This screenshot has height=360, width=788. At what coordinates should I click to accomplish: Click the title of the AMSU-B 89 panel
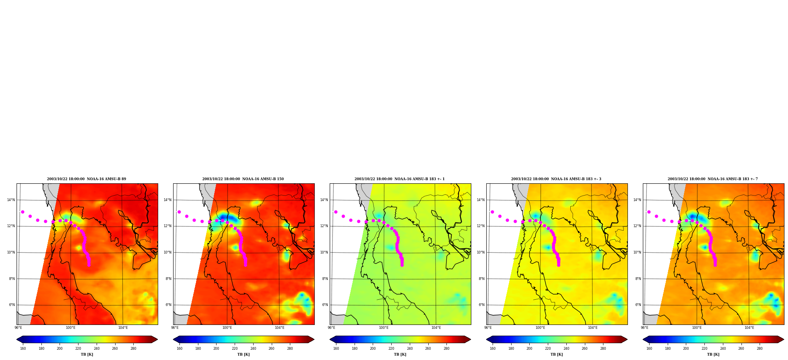pyautogui.click(x=86, y=179)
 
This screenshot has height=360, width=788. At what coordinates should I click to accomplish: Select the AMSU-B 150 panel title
pyautogui.click(x=243, y=179)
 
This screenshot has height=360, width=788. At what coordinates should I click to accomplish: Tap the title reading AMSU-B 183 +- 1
pyautogui.click(x=400, y=179)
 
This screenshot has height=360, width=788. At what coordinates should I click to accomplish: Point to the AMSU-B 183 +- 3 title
pyautogui.click(x=556, y=179)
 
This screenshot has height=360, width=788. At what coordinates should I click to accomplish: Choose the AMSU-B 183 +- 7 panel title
pyautogui.click(x=713, y=179)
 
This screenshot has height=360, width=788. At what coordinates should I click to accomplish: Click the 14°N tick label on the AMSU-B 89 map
pyautogui.click(x=11, y=200)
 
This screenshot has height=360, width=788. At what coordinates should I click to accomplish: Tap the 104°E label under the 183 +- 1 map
pyautogui.click(x=436, y=328)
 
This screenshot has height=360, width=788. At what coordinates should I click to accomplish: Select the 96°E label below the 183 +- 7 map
pyautogui.click(x=644, y=328)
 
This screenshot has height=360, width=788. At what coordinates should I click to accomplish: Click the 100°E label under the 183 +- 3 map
pyautogui.click(x=540, y=328)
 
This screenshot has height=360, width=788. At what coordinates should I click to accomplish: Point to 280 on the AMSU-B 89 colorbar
pyautogui.click(x=133, y=349)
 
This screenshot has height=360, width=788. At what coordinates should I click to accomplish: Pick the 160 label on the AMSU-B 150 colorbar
pyautogui.click(x=179, y=349)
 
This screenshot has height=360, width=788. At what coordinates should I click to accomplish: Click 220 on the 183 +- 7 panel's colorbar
pyautogui.click(x=704, y=349)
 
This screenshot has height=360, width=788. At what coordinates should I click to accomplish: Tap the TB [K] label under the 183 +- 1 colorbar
pyautogui.click(x=400, y=354)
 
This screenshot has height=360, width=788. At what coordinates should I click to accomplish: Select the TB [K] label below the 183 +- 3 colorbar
pyautogui.click(x=556, y=354)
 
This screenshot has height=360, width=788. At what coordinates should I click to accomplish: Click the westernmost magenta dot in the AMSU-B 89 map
pyautogui.click(x=22, y=212)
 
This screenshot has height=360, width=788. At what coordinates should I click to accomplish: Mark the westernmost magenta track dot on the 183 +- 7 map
pyautogui.click(x=649, y=212)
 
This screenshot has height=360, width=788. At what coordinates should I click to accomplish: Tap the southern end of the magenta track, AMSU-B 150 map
pyautogui.click(x=245, y=265)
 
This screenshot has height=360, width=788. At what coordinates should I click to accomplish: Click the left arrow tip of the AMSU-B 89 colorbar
pyautogui.click(x=17, y=339)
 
